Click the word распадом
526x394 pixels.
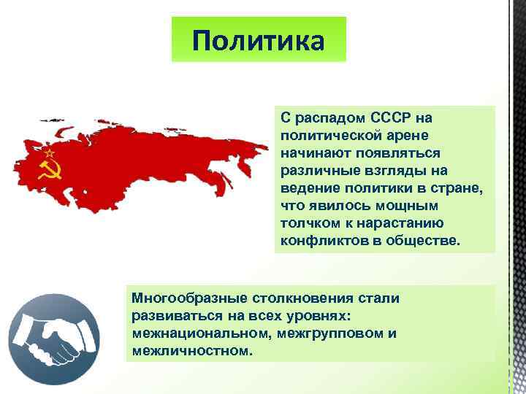click(328, 117)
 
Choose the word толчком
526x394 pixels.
click(310, 223)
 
